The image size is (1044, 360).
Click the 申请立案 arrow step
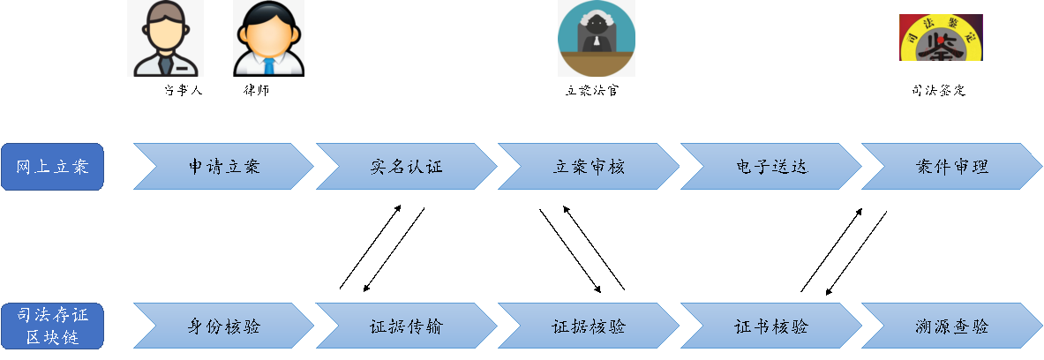pos(223,167)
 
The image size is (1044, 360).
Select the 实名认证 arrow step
pos(406,167)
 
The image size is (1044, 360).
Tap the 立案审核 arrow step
pos(589,167)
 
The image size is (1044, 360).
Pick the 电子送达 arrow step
pos(770,167)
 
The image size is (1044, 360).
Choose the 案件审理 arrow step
pos(952,167)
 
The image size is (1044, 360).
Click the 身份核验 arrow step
pos(223,326)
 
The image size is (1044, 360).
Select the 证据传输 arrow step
pos(406,326)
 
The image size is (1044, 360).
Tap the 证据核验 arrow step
pos(589,326)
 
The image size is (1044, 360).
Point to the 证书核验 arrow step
pos(770,326)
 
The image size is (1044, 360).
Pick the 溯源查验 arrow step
pos(952,326)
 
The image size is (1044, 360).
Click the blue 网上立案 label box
pos(52,167)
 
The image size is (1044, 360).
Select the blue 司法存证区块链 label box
pos(52,326)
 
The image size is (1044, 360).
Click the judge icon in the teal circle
pos(597,38)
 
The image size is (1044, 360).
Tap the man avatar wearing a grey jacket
pos(165,38)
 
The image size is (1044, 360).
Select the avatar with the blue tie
pos(268,38)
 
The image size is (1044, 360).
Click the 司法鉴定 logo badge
pos(941,38)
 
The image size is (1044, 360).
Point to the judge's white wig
pos(596,21)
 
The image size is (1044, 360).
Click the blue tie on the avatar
pos(268,65)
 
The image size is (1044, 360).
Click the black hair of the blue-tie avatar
pos(268,12)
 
